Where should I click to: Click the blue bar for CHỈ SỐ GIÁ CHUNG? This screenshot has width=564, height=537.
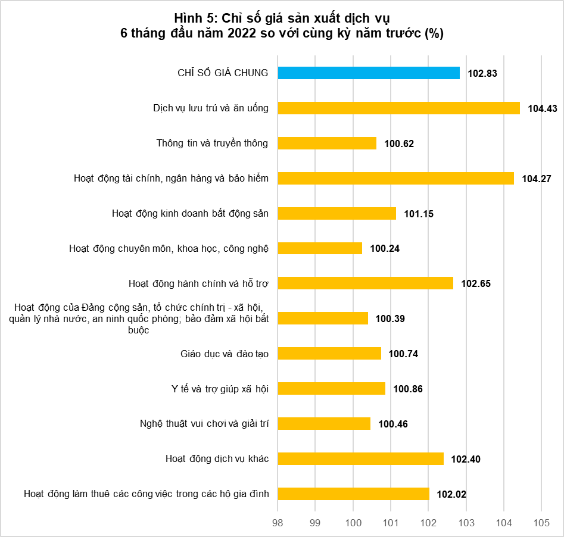[x=369, y=73]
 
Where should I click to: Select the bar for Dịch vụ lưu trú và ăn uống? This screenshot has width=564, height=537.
[x=399, y=108]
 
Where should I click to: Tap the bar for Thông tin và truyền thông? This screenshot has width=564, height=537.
[x=327, y=143]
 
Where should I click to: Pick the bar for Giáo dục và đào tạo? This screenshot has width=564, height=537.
[x=329, y=354]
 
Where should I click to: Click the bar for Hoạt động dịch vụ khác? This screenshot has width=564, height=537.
[x=361, y=459]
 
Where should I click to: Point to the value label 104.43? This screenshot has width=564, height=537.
[x=543, y=108]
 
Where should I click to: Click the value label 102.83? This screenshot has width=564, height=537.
[x=482, y=73]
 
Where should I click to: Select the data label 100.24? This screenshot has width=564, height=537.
[x=385, y=248]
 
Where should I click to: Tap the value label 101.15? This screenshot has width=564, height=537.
[x=419, y=214]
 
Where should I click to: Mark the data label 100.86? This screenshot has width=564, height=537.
[x=408, y=389]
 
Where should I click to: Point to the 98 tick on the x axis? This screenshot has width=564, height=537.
[x=278, y=523]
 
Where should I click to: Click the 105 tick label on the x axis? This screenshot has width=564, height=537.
[x=541, y=523]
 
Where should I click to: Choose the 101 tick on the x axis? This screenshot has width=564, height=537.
[x=391, y=523]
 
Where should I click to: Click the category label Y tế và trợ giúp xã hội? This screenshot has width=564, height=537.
[x=220, y=389]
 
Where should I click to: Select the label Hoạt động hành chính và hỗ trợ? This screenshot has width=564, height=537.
[x=198, y=283]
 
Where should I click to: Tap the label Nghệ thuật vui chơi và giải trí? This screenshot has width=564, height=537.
[x=204, y=423]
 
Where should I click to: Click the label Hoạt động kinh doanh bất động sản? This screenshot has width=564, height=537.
[x=190, y=213]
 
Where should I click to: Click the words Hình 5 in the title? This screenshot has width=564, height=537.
[x=196, y=18]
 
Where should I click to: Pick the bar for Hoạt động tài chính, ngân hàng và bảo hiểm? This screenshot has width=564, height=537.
[x=395, y=179]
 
